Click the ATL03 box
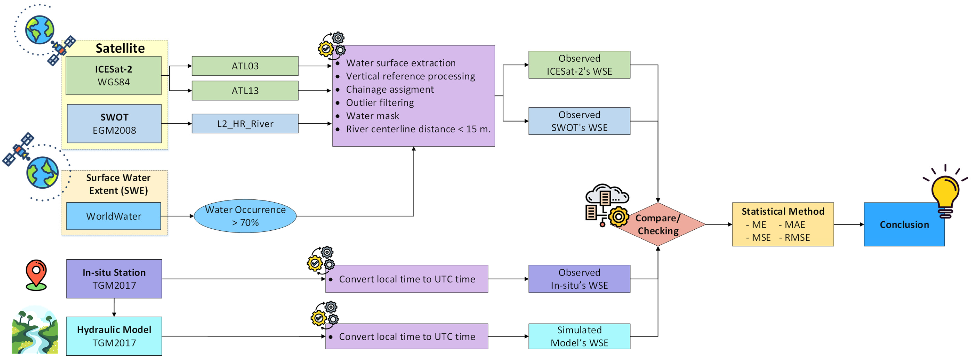(x=245, y=66)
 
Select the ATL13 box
(x=245, y=90)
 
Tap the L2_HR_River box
(x=245, y=124)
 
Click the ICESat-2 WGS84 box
(x=114, y=75)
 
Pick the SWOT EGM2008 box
(x=114, y=124)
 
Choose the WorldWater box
(x=114, y=216)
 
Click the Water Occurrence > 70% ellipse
(x=245, y=216)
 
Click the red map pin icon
(x=36, y=274)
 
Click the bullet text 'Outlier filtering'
(x=380, y=103)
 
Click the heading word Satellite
(x=120, y=48)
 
